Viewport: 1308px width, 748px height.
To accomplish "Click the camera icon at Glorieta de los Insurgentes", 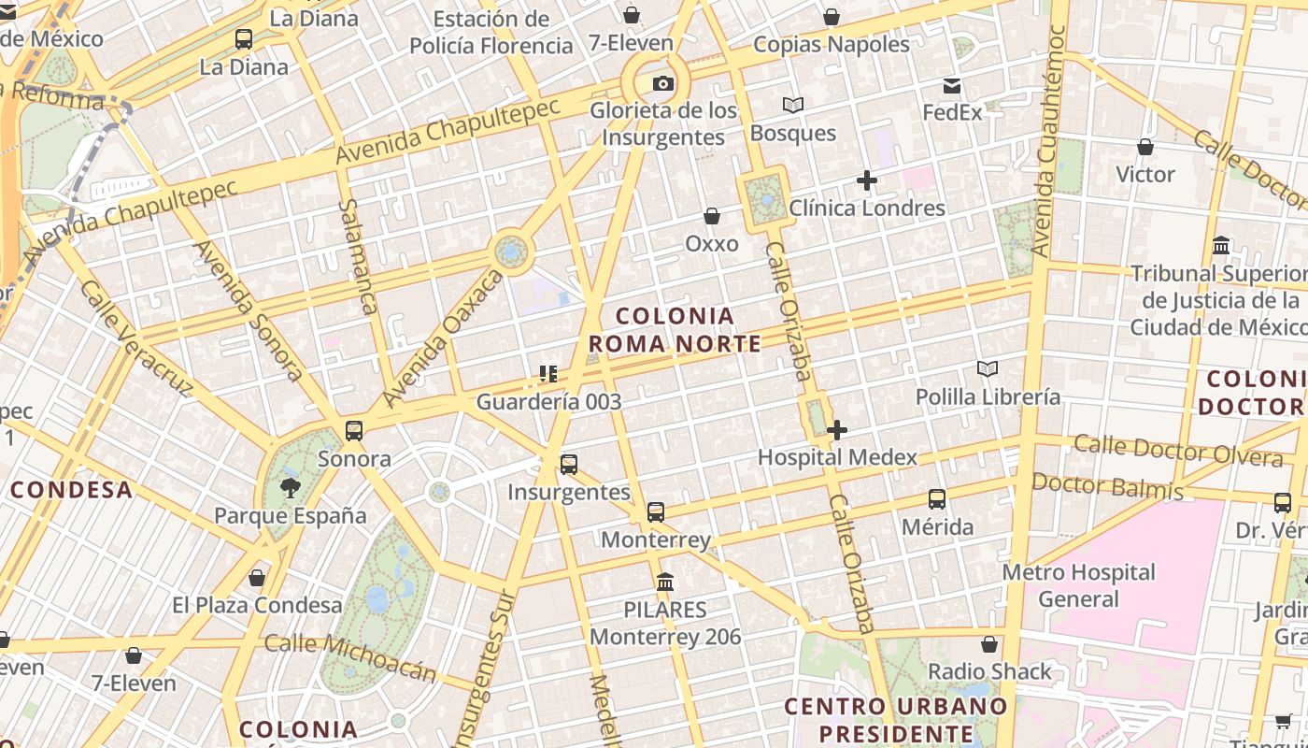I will point(662,84).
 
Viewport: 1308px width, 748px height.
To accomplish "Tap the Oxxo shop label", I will point(712,244).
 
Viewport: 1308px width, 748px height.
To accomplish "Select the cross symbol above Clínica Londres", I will point(867,180).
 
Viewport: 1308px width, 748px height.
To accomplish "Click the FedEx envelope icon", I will point(952,87).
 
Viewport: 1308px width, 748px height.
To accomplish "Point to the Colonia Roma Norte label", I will point(675,329).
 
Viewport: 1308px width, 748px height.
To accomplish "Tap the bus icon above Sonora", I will point(354,431).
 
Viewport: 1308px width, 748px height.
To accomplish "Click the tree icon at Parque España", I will point(290,487).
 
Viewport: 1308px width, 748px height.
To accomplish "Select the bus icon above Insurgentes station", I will point(568,465).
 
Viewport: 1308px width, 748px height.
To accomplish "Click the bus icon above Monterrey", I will point(656,512).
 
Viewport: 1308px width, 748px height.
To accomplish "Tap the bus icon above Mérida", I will point(937,499).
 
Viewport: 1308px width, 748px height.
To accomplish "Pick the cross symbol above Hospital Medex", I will point(837,430).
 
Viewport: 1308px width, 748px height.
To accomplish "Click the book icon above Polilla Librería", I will point(988,369).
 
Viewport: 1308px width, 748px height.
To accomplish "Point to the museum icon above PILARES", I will point(665,583).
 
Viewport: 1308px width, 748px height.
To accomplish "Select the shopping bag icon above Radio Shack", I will point(989,644).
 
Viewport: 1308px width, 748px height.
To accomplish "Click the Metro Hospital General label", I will point(1078,585).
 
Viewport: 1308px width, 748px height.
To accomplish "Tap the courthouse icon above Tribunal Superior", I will point(1220,246).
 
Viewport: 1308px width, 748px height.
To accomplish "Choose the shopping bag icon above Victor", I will point(1144,147).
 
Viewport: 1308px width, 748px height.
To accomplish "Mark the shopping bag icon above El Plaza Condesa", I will point(257,578).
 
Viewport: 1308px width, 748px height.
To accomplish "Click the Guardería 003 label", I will point(548,402).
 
